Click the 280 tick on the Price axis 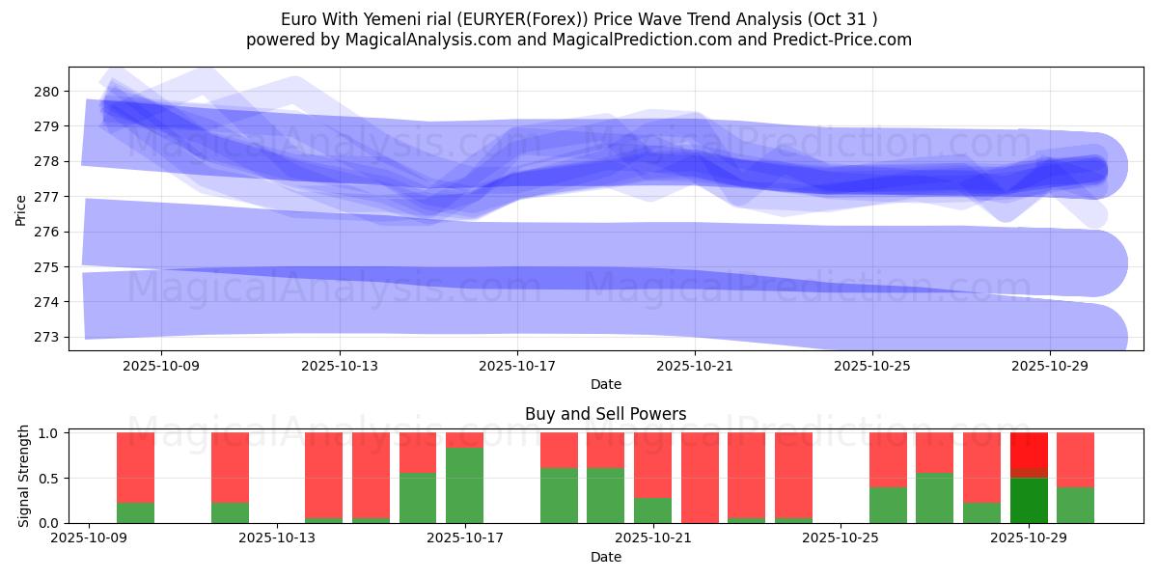47,92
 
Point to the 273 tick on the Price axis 47,337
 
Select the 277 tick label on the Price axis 47,197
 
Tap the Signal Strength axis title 24,478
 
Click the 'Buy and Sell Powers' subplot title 605,414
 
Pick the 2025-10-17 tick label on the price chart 517,366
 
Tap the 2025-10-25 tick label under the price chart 872,366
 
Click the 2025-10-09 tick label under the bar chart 89,538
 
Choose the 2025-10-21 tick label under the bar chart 653,538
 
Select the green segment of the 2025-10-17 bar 465,485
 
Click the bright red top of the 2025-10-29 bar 1029,450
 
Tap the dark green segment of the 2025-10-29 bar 1029,500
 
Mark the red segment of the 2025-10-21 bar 700,478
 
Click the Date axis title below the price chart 605,384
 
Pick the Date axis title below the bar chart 605,557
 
